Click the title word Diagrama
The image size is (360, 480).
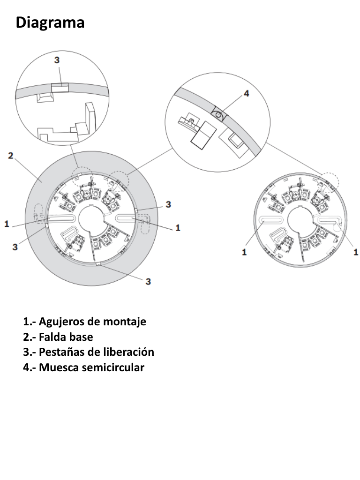(x=50, y=22)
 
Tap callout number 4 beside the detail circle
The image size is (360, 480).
(x=247, y=93)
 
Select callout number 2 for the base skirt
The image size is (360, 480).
(x=10, y=156)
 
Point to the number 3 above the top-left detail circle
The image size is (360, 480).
(x=57, y=60)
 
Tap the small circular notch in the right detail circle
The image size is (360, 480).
(x=218, y=114)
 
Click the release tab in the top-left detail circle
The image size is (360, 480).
(x=60, y=88)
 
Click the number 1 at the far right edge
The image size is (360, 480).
(x=356, y=252)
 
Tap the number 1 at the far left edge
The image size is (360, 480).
(x=7, y=225)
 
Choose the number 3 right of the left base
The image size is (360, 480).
(x=168, y=204)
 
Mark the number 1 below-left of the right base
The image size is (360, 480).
(x=244, y=252)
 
